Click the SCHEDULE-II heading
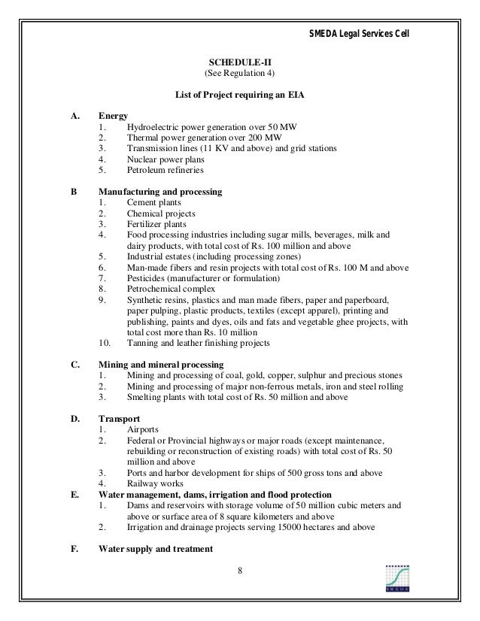click(240, 61)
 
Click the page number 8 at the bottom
click(239, 576)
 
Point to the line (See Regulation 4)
click(240, 73)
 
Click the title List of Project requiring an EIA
click(240, 95)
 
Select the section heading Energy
click(112, 117)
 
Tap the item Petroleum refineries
click(166, 170)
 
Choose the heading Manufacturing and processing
click(160, 192)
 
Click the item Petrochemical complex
click(171, 289)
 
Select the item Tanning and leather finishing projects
click(199, 344)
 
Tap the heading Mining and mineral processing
click(161, 365)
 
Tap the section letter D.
click(74, 417)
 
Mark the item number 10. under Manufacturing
click(105, 344)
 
